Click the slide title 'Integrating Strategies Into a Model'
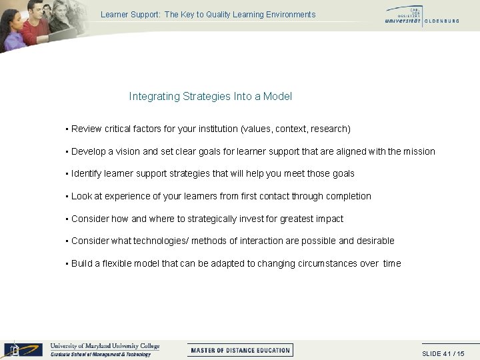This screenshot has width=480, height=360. point(210,97)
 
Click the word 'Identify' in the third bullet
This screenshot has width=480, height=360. point(87,174)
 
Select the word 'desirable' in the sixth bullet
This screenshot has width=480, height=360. point(375,241)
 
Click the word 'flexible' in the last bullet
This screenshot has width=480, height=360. point(116,263)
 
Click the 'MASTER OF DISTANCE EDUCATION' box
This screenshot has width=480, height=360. point(240,350)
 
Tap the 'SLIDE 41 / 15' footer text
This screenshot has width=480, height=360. point(443,354)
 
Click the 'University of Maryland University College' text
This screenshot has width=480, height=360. point(105,346)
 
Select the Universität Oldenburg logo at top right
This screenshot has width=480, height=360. point(421,17)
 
